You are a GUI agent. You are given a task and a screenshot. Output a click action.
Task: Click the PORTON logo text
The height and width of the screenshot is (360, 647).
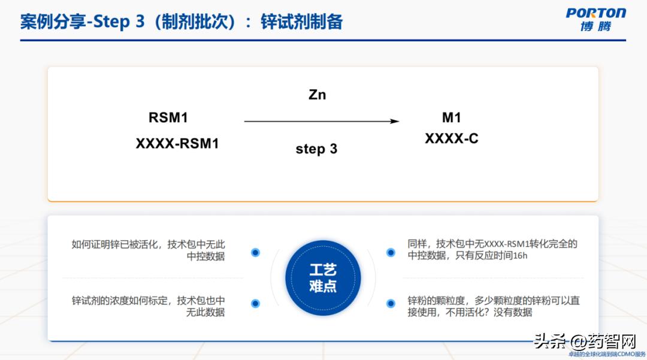[x=595, y=13]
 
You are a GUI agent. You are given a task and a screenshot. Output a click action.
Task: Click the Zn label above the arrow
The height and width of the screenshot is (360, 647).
[x=318, y=95]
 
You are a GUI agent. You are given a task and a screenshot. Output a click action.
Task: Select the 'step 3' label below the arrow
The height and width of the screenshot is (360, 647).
[x=316, y=149]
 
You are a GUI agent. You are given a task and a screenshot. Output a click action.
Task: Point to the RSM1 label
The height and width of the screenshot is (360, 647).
[x=168, y=118]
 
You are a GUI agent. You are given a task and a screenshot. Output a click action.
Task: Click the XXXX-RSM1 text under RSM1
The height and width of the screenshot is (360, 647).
[x=177, y=144]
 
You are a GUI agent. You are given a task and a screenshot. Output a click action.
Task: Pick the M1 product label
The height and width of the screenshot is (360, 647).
[x=451, y=118]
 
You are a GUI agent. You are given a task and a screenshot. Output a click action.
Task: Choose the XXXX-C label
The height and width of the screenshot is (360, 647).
[x=452, y=139]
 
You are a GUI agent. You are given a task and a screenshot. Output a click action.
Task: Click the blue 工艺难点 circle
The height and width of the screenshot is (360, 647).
[x=323, y=278]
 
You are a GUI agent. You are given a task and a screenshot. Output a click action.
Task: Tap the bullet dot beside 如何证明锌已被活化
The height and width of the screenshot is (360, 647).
[x=255, y=252]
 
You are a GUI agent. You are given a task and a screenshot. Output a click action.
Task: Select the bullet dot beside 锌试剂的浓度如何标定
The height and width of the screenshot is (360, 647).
[x=255, y=304]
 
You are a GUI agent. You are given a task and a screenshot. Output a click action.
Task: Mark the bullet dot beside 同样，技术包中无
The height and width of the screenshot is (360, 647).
[x=391, y=252]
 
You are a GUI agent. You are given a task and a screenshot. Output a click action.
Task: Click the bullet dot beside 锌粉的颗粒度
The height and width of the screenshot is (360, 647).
[x=391, y=304]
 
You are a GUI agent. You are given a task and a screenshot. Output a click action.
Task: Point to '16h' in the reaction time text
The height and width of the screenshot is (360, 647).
[x=520, y=256]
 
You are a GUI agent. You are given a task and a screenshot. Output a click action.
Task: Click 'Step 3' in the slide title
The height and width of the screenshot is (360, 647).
[x=119, y=22]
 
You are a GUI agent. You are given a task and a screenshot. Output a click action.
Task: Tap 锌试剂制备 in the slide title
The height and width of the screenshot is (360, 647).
[x=302, y=22]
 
